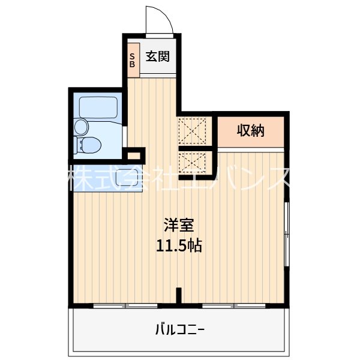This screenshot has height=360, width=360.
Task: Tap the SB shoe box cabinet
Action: click(133, 59)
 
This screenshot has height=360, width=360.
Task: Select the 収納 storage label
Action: click(250, 130)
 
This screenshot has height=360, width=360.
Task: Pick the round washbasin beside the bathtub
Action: click(81, 127)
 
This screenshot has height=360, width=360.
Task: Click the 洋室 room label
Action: click(179, 226)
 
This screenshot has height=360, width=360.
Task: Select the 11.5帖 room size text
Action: click(179, 245)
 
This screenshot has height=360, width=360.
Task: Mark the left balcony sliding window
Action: click(125, 306)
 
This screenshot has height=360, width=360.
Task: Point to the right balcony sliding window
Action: click(233, 306)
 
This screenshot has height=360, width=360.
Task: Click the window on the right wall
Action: click(287, 233)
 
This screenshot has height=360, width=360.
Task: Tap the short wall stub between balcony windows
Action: click(179, 296)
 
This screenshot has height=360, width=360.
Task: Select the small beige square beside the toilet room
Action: click(135, 155)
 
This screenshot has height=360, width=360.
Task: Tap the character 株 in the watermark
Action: click(82, 178)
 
